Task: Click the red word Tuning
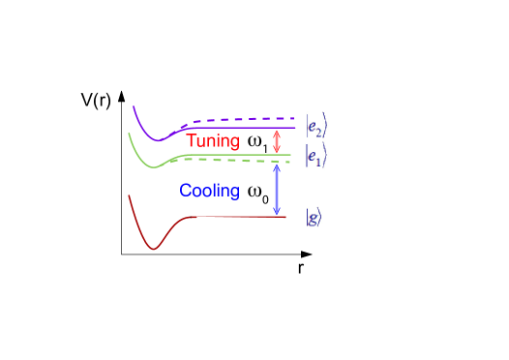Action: (213, 141)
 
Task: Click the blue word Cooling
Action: (209, 191)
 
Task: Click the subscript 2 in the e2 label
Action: (320, 129)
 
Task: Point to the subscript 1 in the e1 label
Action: (320, 159)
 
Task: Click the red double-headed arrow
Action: (278, 141)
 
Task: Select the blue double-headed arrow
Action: (277, 189)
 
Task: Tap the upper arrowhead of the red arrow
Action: (278, 133)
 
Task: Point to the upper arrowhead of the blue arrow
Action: (277, 166)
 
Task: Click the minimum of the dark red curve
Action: (153, 248)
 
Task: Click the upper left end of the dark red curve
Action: (130, 195)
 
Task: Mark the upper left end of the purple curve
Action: (134, 105)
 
